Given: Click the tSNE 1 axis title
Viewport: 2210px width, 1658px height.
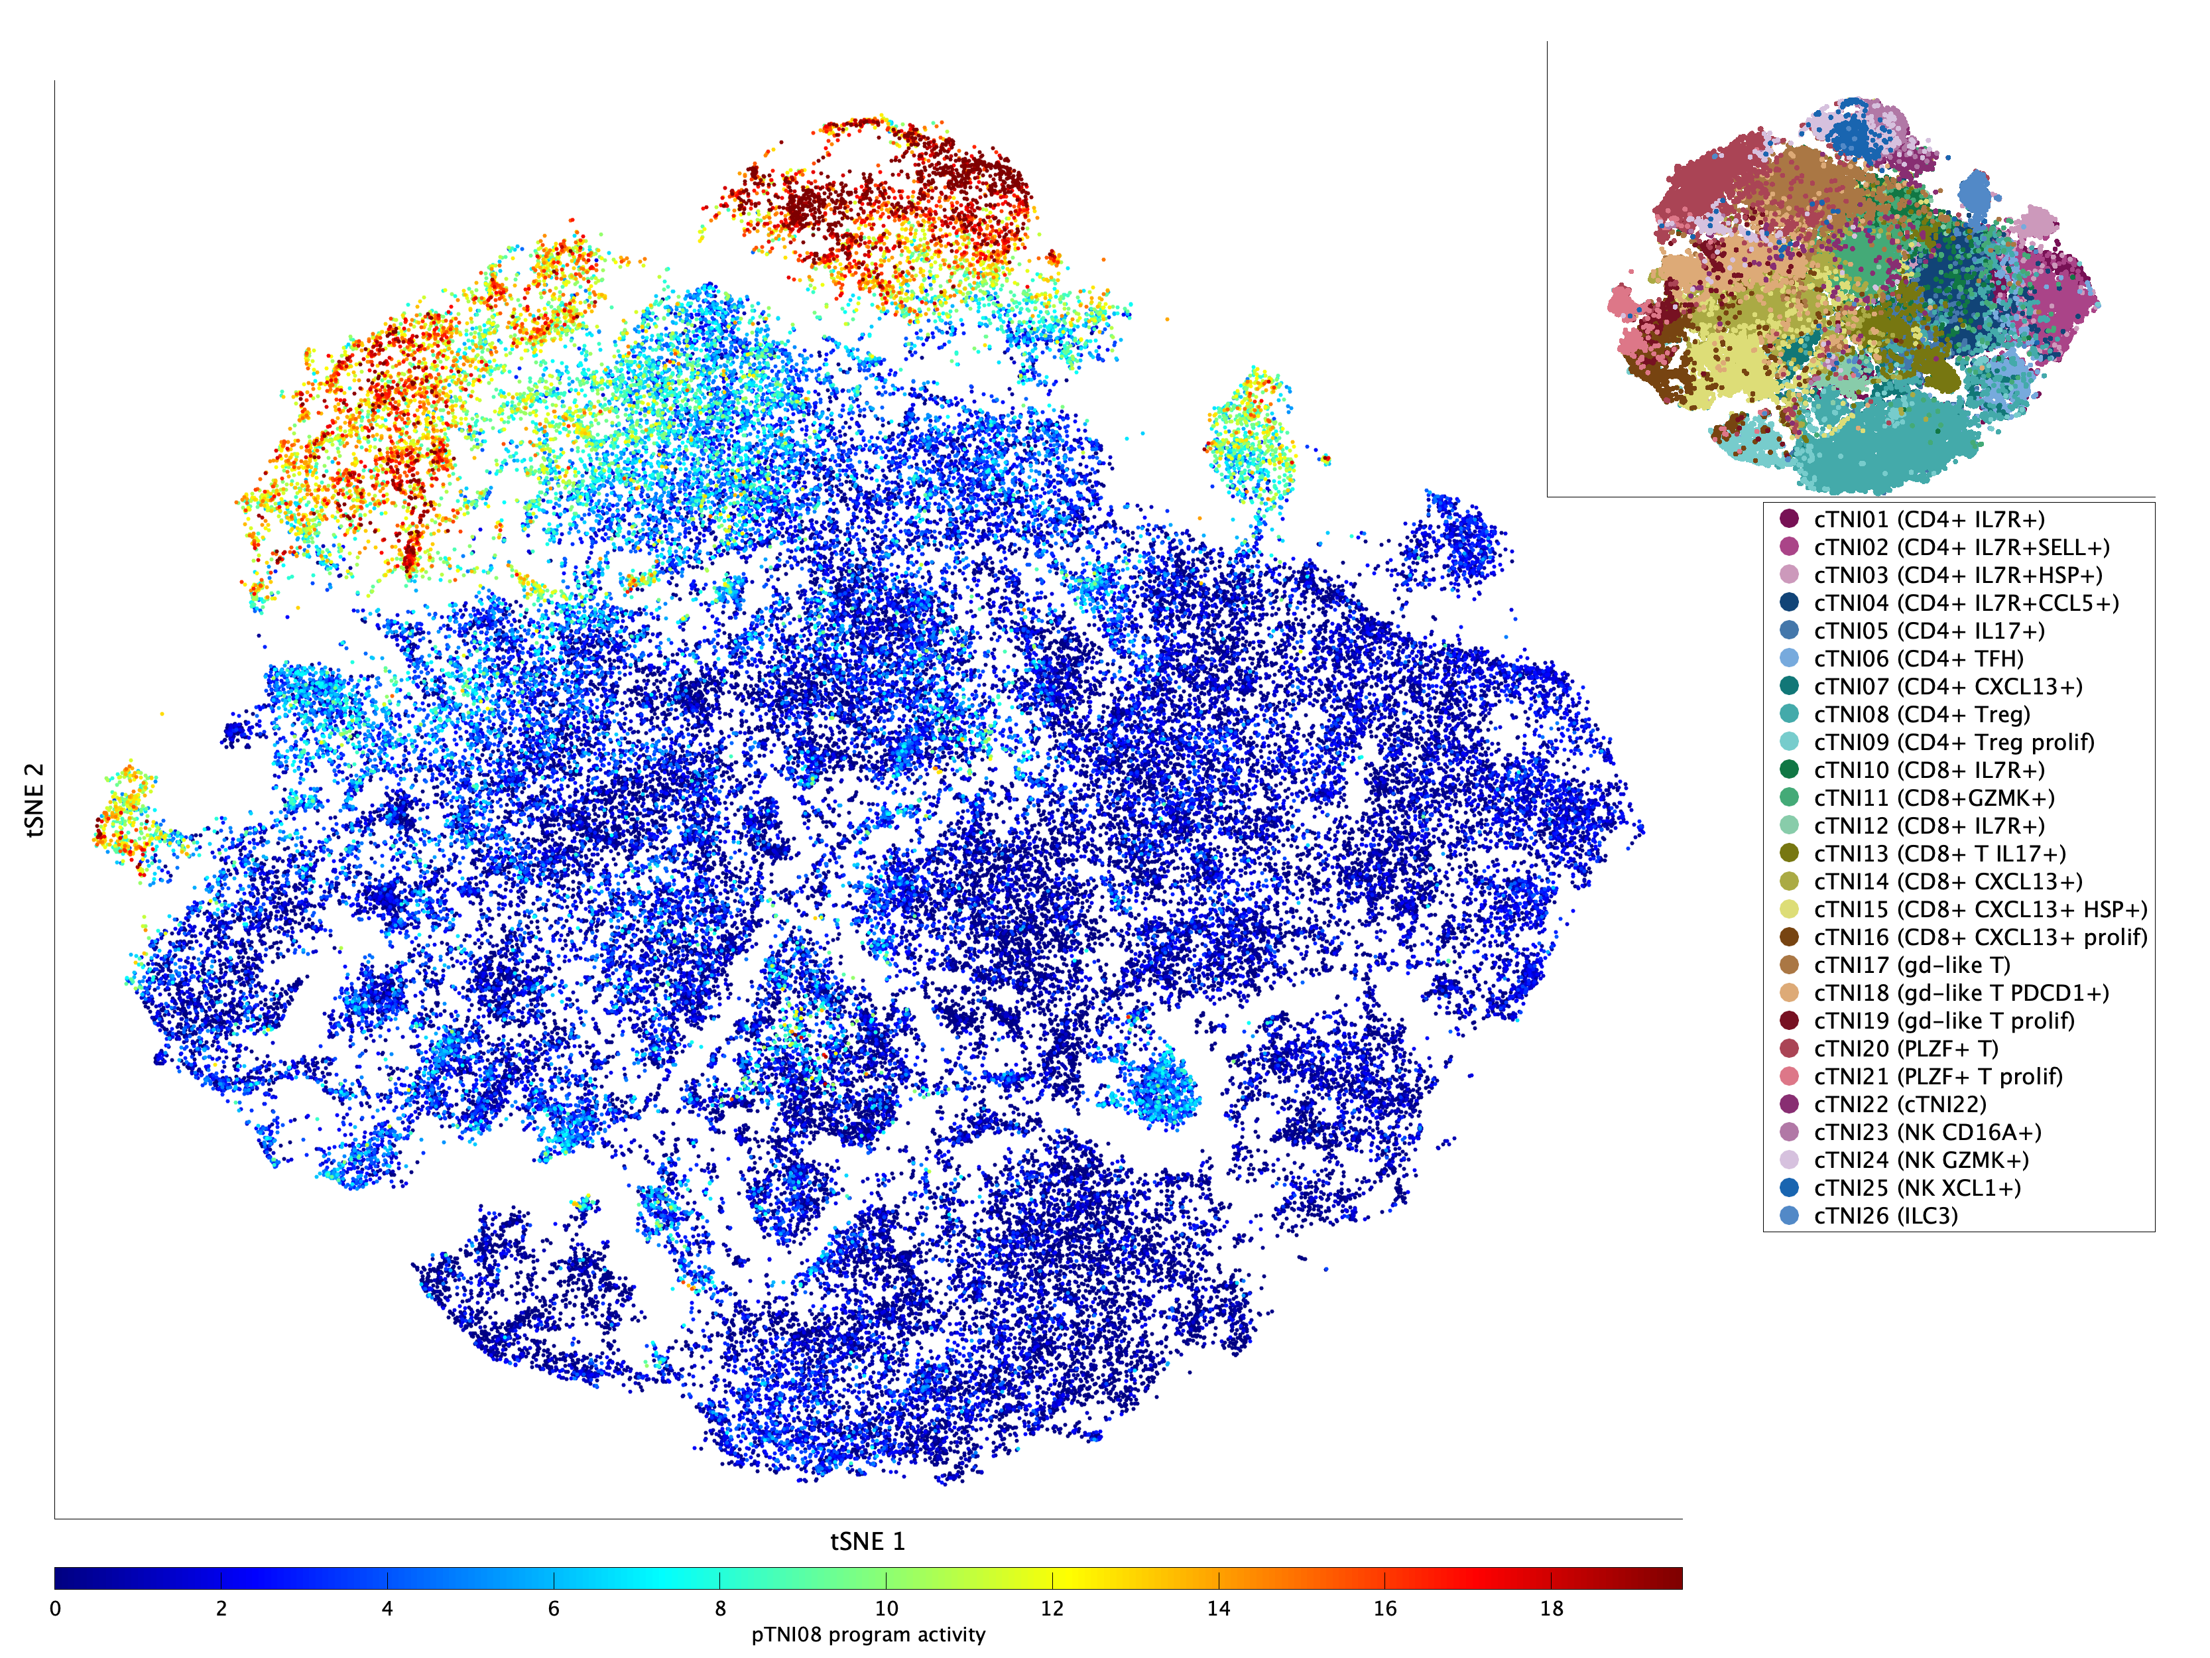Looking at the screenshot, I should click(867, 1541).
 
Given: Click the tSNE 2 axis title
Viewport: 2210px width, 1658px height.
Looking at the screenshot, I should click(35, 800).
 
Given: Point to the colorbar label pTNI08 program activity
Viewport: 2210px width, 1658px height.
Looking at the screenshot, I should click(867, 1634).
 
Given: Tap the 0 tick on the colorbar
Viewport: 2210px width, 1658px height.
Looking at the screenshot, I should click(55, 1608).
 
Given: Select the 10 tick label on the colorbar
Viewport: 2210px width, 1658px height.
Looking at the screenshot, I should click(885, 1608).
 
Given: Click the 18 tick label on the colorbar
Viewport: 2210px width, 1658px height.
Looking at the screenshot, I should click(1551, 1608).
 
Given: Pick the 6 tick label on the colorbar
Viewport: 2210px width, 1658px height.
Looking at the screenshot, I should click(554, 1608).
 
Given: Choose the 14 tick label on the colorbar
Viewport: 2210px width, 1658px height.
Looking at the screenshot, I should click(1218, 1608).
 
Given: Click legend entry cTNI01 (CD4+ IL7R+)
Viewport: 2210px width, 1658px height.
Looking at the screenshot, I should click(1928, 520).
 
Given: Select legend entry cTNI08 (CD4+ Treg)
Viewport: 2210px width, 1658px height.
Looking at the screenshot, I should click(1922, 714).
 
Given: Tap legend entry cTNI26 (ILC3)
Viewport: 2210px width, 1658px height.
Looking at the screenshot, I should click(1885, 1216).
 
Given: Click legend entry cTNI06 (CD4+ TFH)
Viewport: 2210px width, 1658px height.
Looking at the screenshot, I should click(1918, 659).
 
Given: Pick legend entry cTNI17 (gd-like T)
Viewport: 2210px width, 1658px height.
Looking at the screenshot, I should click(1911, 966).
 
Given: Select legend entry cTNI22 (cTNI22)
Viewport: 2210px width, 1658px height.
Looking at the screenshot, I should click(1899, 1104).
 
